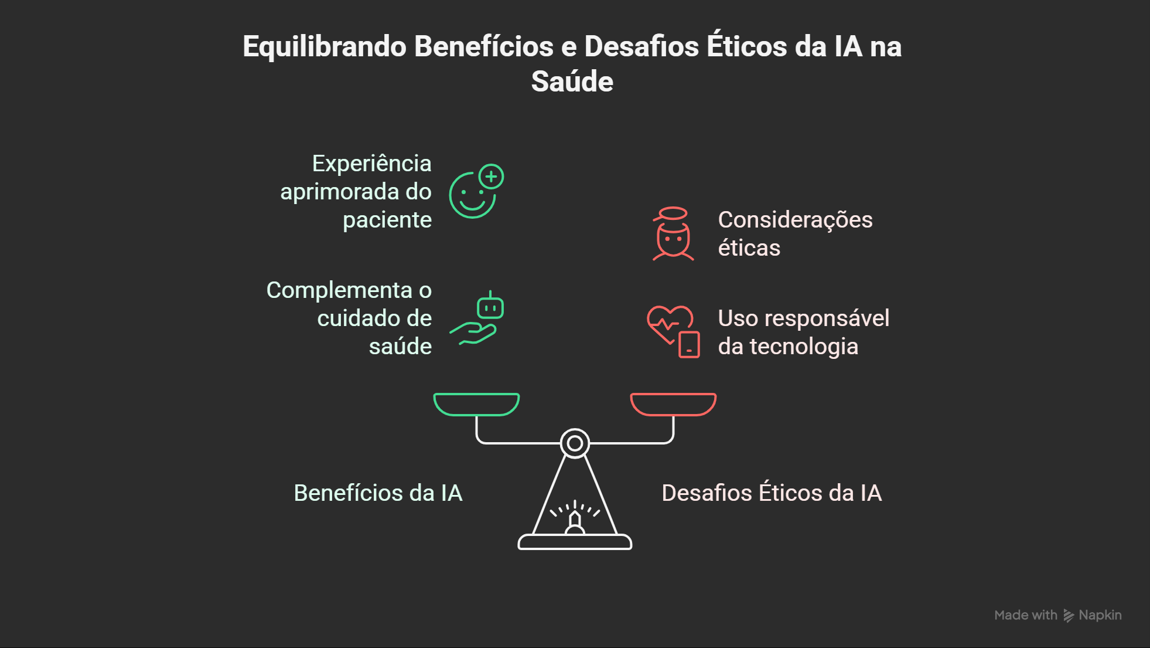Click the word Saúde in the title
tap(572, 82)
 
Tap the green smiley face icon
tap(472, 195)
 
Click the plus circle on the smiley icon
tap(491, 177)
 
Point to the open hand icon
tap(473, 334)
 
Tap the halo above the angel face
tap(673, 213)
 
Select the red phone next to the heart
tap(689, 345)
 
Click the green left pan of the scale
tap(476, 404)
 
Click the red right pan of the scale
tap(673, 404)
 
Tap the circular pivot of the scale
tap(575, 443)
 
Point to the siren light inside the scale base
tap(575, 517)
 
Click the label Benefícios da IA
tap(378, 493)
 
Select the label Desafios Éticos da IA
tap(772, 492)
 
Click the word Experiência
tap(371, 164)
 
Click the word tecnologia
tap(804, 347)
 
